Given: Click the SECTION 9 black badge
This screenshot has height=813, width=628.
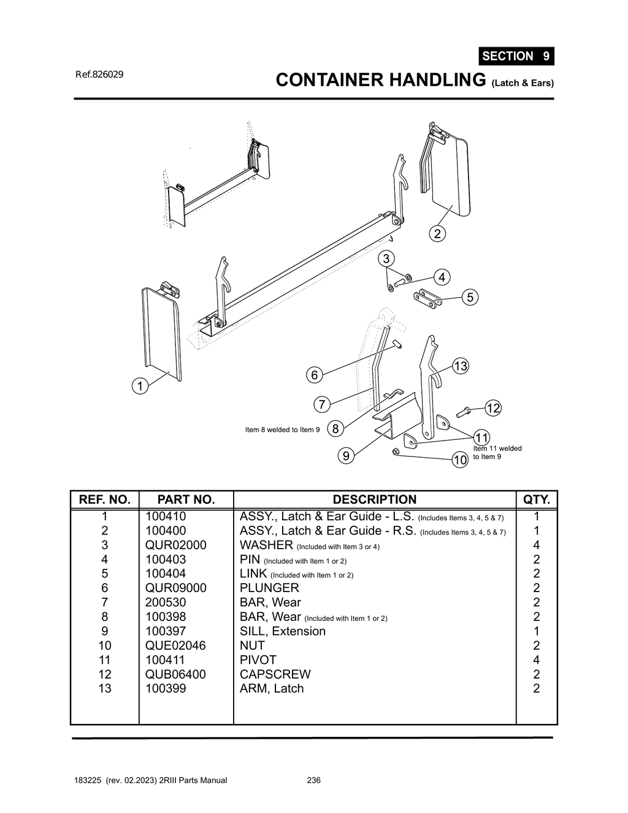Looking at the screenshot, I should [x=516, y=56].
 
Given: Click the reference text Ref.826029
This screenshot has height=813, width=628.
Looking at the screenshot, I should [x=99, y=74].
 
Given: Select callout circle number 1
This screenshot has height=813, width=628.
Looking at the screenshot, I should [x=140, y=386].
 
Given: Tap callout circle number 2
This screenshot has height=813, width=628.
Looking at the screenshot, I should [x=437, y=234].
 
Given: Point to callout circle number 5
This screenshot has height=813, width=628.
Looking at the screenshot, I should [x=470, y=298].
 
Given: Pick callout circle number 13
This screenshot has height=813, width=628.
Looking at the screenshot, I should [x=460, y=366].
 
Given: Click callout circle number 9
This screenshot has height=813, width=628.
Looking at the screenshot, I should [x=346, y=455].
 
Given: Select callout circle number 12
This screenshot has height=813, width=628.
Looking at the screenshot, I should [x=493, y=408].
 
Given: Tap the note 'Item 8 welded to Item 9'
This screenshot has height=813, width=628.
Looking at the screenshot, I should [x=282, y=430].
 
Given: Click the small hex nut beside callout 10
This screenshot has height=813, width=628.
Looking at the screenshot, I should [x=396, y=452].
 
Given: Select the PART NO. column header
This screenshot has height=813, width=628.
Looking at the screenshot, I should [x=186, y=499].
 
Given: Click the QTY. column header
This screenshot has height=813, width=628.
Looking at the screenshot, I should [x=536, y=499].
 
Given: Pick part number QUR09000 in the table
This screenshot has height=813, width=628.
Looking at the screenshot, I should [x=175, y=588].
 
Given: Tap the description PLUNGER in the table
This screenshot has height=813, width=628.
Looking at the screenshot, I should [x=269, y=588].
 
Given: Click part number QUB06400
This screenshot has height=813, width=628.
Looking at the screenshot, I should [x=175, y=674].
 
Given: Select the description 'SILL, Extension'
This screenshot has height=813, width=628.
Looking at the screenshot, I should [x=282, y=631].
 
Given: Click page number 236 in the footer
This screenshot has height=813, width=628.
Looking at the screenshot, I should [x=313, y=780].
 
